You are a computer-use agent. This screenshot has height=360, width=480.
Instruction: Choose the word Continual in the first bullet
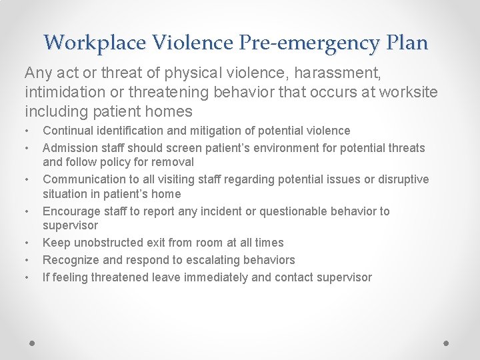[66, 131]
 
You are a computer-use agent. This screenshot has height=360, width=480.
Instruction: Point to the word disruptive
[403, 179]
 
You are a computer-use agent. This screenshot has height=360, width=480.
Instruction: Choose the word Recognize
[69, 260]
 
